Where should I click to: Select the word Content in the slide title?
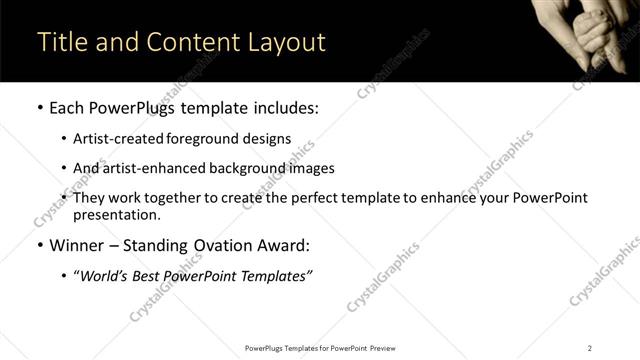[x=190, y=42]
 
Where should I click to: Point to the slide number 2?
[x=589, y=348]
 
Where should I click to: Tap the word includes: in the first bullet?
[x=282, y=107]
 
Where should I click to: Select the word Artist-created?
[x=116, y=139]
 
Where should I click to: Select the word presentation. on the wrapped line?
[x=117, y=215]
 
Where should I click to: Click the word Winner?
[x=75, y=245]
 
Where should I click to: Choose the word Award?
[x=280, y=245]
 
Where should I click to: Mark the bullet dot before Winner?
[x=38, y=245]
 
